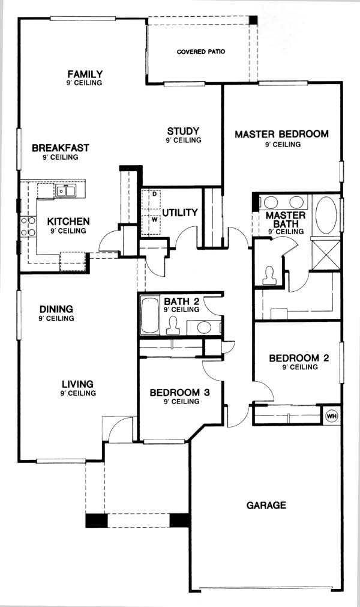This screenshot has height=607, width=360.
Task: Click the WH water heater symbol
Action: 332,416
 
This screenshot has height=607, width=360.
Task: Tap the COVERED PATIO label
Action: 201,52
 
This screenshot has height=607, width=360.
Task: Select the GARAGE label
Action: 266,505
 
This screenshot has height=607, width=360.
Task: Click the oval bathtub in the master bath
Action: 326,215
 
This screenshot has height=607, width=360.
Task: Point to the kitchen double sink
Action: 66,190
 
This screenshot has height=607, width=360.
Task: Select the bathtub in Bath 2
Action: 149,315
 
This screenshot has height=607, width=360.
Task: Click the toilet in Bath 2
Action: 173,325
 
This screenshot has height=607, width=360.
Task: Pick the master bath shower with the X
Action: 326,255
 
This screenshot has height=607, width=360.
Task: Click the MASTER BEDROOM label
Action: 282,134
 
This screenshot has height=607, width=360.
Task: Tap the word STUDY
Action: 183,131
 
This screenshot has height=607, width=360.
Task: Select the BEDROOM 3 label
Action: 180,393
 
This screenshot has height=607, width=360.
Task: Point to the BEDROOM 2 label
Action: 299,358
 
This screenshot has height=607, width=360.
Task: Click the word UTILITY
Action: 180,213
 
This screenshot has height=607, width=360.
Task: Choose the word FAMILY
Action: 85,74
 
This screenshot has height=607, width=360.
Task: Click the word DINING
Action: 56,309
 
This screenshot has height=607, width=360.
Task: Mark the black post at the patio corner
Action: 253,20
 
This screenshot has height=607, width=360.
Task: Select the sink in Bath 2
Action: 204,327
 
